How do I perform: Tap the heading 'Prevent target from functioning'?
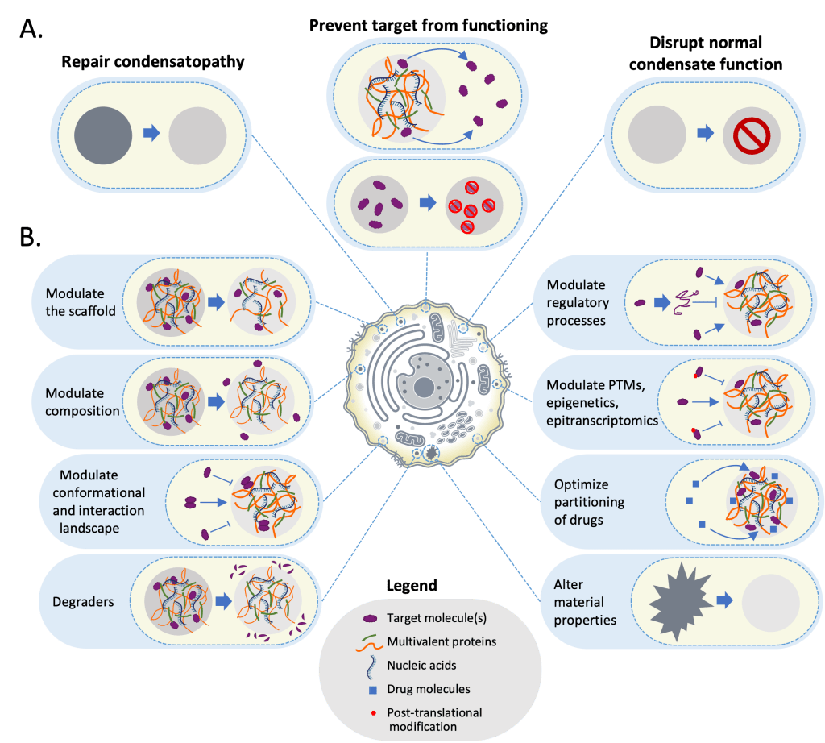[x=429, y=25]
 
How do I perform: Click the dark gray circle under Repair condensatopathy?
[x=103, y=134]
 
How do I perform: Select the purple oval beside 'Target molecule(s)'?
[x=371, y=619]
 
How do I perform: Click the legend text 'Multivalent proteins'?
[x=441, y=642]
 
